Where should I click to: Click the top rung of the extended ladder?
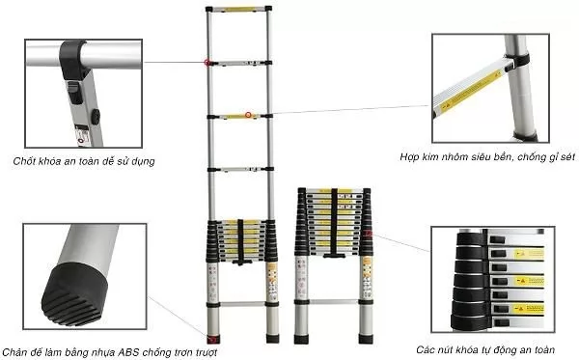(238, 13)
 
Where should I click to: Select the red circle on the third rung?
(248, 116)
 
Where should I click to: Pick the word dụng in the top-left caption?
(141, 160)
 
